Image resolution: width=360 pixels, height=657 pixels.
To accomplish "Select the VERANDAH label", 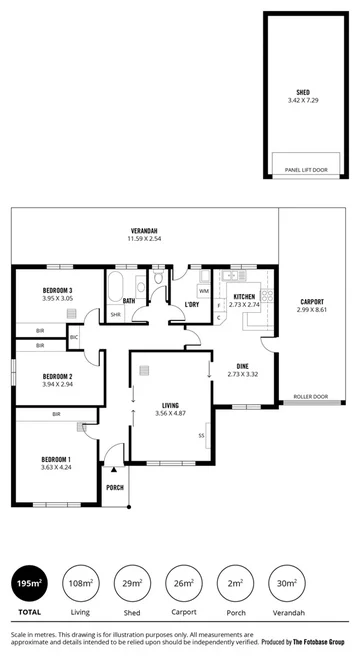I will coord(144,230).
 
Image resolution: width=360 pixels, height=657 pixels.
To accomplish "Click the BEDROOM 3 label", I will coord(43,289).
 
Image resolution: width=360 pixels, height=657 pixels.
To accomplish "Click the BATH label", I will coord(129,301).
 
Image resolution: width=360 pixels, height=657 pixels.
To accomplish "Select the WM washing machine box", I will coord(203,291).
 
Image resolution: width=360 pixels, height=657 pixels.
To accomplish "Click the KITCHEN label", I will coord(246,297).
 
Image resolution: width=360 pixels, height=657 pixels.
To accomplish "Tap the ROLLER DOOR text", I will coord(310,397).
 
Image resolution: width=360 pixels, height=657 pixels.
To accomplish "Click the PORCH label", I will coord(115,488).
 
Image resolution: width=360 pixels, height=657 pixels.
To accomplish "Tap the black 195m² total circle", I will coord(29,582).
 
